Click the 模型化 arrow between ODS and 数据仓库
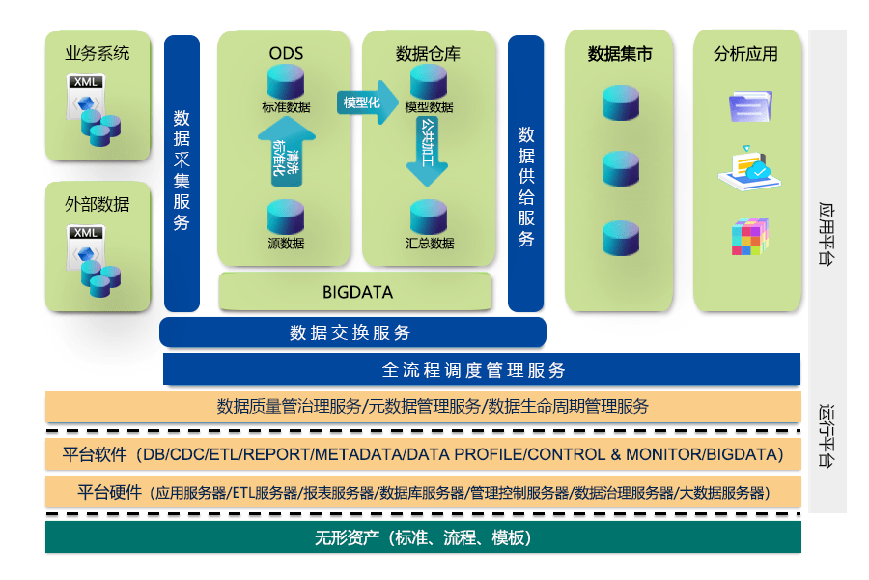click(x=367, y=102)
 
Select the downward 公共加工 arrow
click(x=428, y=151)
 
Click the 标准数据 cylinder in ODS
click(x=286, y=81)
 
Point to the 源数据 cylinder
click(x=286, y=217)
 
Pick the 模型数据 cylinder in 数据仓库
click(x=429, y=81)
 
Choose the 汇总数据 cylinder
click(x=429, y=217)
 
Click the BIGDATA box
click(x=355, y=291)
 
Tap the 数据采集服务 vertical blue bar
click(x=182, y=173)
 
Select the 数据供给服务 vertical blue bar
click(x=526, y=173)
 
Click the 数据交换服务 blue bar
click(x=352, y=333)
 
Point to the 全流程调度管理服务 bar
click(x=482, y=369)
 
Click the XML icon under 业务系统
click(x=93, y=110)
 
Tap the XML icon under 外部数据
click(x=93, y=261)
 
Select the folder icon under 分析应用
click(x=750, y=106)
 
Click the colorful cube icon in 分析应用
click(x=750, y=237)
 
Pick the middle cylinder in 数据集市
click(x=621, y=168)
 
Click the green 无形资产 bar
click(x=424, y=536)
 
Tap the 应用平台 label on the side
click(x=826, y=234)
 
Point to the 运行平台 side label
click(x=826, y=436)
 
